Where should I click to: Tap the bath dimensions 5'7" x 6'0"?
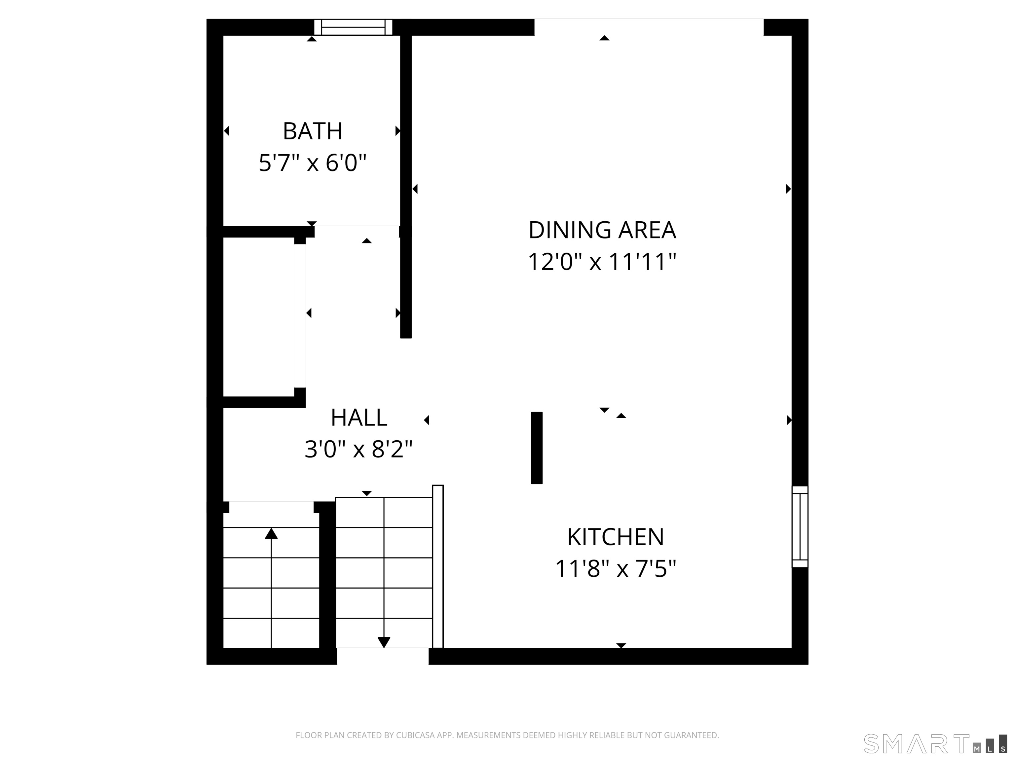click(313, 163)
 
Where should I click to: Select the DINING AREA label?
click(602, 230)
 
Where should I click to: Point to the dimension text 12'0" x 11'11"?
click(602, 262)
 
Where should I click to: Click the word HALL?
click(359, 417)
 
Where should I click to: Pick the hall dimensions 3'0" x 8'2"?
click(359, 449)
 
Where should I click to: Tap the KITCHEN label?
click(615, 537)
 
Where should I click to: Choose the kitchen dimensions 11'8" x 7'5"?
click(615, 569)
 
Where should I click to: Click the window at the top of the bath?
click(353, 27)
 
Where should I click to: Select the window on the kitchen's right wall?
click(800, 526)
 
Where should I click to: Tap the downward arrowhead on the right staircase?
click(384, 642)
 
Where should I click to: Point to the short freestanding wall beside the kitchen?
click(536, 448)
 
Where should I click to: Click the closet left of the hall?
click(258, 316)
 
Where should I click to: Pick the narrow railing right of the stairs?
click(438, 566)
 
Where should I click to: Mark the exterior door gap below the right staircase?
click(383, 656)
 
